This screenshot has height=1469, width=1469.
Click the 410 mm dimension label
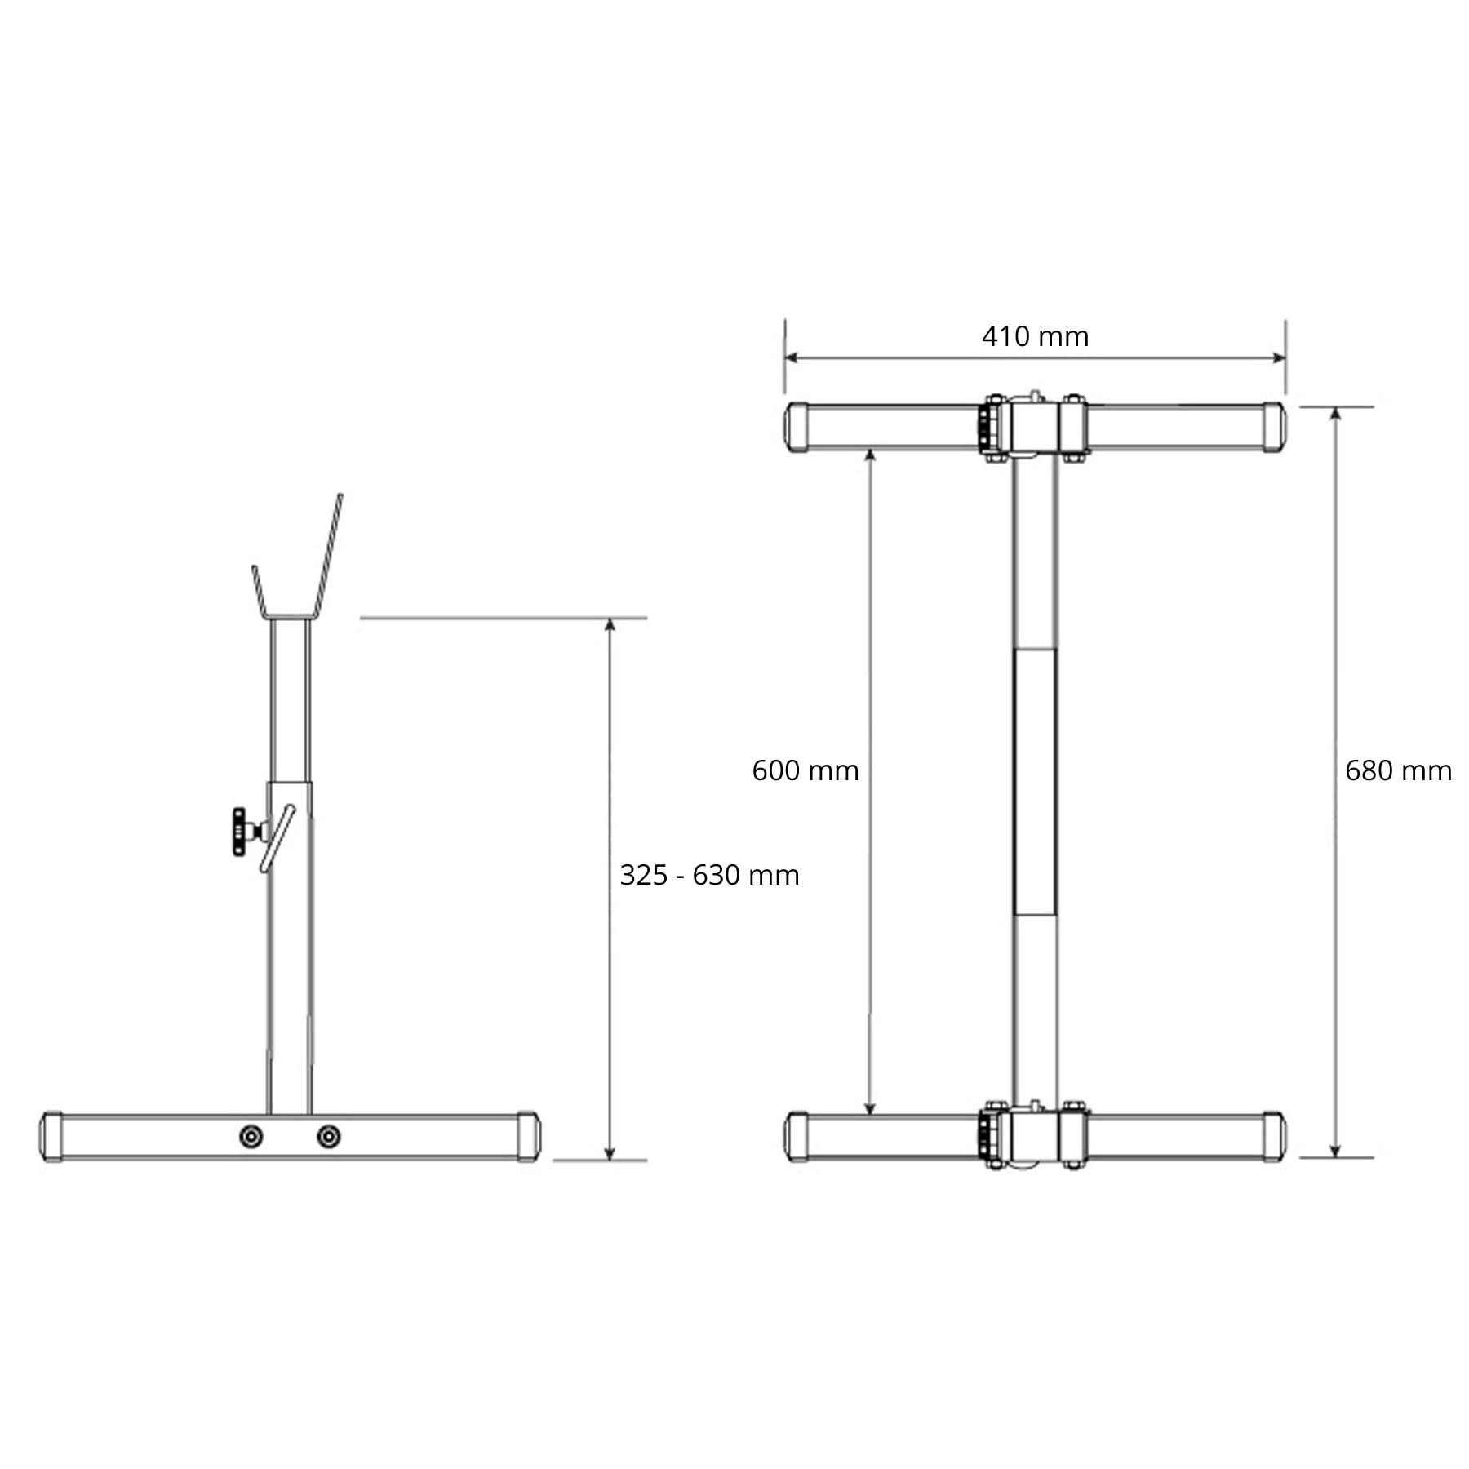1034,336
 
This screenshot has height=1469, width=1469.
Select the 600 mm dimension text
805,770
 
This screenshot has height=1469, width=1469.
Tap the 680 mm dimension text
1397,770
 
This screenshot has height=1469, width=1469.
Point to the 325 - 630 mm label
708,875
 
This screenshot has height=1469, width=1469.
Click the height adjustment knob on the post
239,831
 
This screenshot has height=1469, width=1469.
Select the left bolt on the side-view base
251,1136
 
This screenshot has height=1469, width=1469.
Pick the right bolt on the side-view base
328,1136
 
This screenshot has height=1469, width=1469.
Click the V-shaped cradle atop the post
295,571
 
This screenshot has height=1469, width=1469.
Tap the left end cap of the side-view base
51,1136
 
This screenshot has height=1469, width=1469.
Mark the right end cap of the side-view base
528,1136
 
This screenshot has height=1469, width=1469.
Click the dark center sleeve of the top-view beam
1034,781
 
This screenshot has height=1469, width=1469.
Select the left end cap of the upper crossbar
797,426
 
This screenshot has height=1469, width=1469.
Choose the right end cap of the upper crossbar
1273,426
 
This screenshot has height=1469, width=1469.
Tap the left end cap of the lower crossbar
797,1136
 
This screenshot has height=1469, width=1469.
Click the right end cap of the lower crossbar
1273,1136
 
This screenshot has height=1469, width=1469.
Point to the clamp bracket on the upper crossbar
1034,426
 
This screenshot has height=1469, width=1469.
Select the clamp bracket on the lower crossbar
1034,1136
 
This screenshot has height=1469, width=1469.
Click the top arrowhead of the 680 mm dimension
1335,414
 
